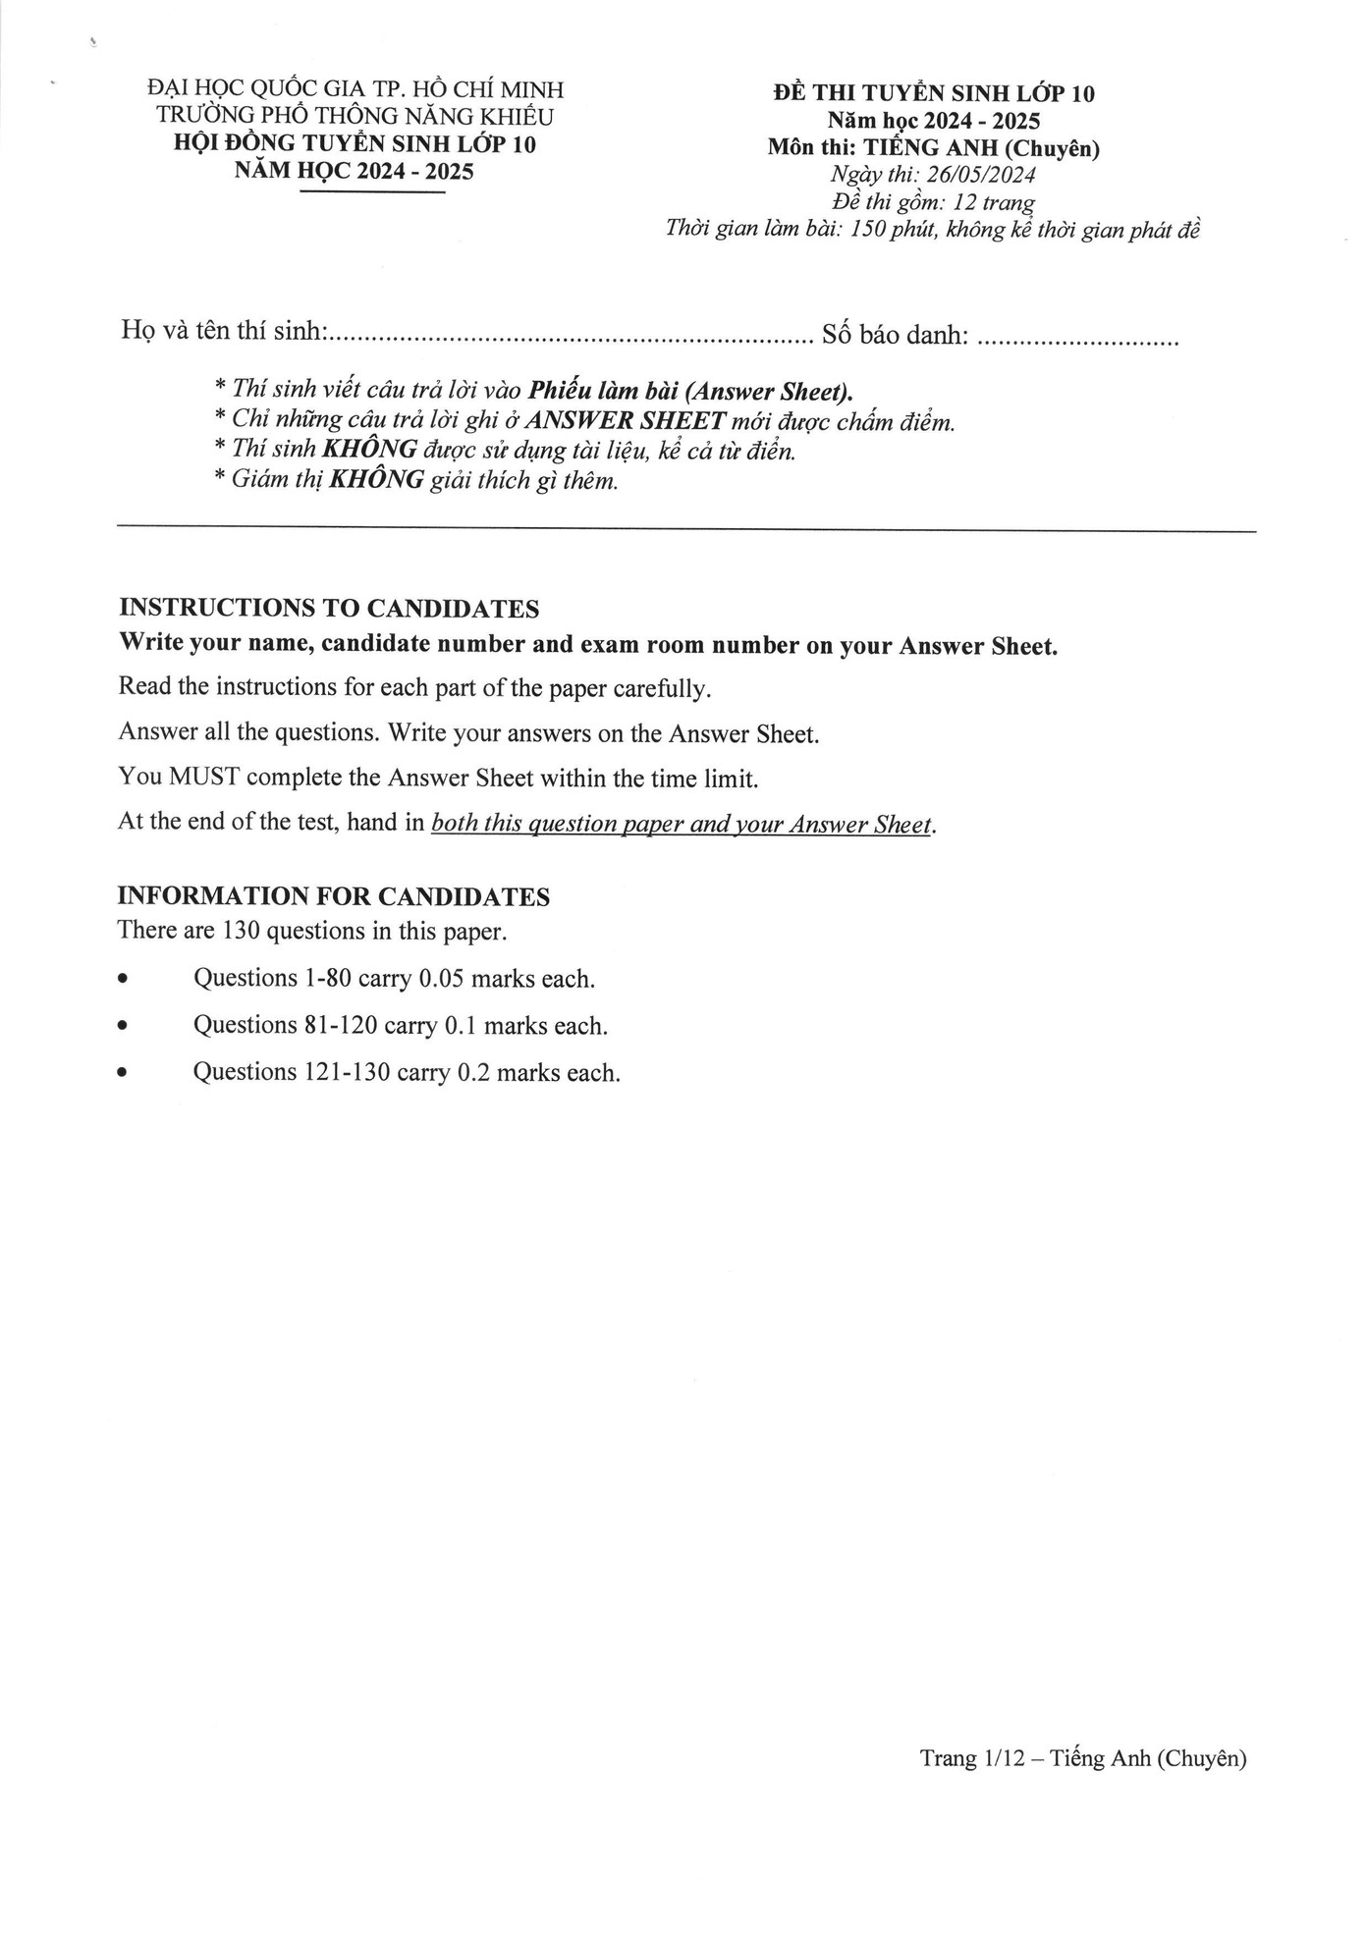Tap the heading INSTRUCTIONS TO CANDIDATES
(328, 609)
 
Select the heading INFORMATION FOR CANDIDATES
(333, 896)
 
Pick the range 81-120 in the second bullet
(338, 1026)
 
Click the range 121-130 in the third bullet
(345, 1072)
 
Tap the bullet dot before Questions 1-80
(122, 980)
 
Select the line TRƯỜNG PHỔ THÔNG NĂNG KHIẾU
(355, 117)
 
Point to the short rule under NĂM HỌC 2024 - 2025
(372, 192)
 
